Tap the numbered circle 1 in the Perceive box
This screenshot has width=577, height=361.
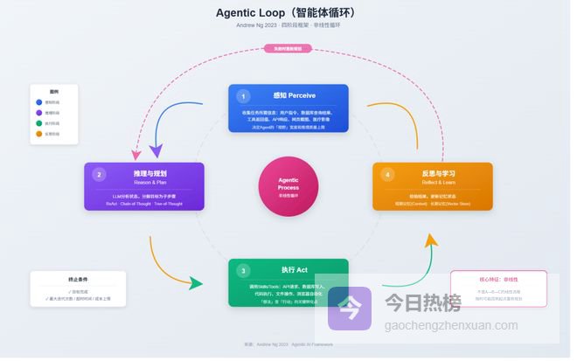click(244, 96)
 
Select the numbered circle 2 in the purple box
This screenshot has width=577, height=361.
click(100, 174)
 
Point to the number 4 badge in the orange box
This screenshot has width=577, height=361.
click(387, 174)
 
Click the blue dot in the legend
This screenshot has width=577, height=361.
click(38, 102)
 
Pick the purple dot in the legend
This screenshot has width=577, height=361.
click(38, 113)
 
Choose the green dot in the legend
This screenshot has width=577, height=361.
click(38, 123)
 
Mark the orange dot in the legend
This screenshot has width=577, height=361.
click(38, 134)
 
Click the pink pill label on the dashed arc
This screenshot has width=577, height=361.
click(288, 48)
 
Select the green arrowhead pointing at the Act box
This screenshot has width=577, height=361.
click(197, 284)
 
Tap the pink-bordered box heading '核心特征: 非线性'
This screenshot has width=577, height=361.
click(497, 281)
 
